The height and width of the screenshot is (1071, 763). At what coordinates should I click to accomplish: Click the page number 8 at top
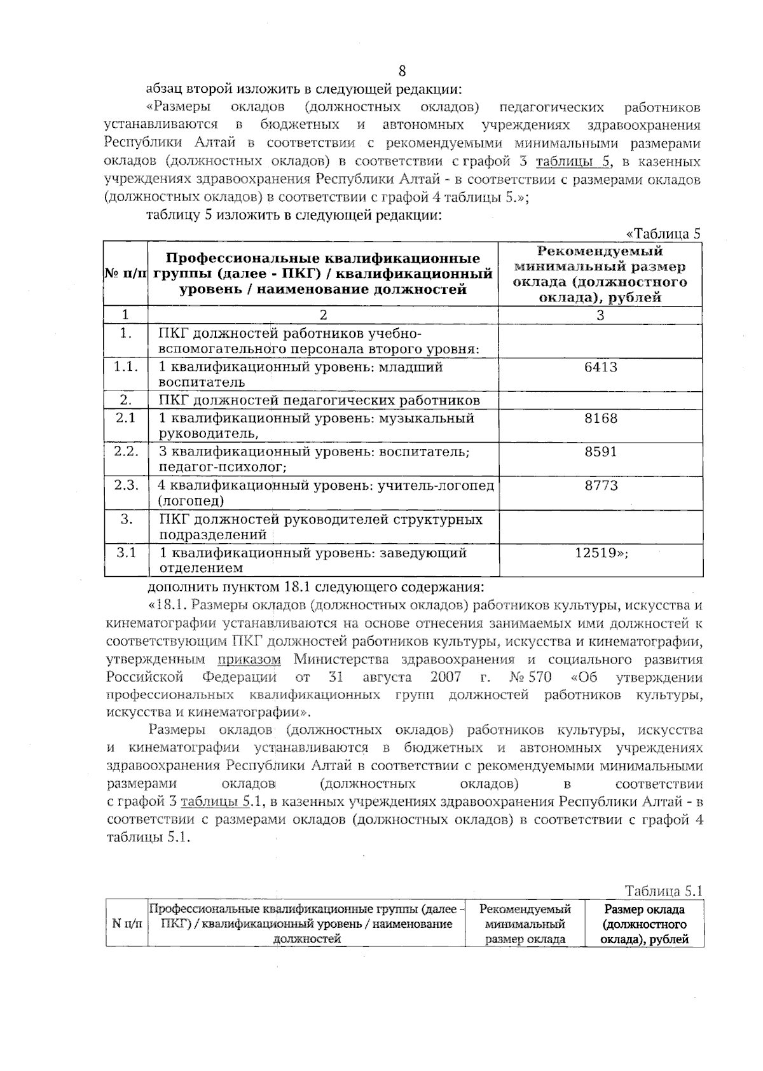(402, 71)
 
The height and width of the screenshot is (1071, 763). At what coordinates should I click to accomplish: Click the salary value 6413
(600, 367)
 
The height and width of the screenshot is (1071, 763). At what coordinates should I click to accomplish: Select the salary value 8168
(600, 418)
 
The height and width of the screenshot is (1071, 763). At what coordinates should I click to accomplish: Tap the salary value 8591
(600, 452)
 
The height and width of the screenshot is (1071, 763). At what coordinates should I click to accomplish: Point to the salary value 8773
(600, 486)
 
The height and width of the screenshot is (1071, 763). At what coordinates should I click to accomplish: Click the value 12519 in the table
(598, 553)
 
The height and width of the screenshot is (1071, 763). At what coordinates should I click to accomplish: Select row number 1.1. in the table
(126, 367)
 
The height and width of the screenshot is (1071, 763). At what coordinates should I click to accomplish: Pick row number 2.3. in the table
(126, 486)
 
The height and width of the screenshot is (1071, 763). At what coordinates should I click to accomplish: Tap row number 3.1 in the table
(126, 553)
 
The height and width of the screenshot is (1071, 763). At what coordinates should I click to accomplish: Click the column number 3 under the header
(600, 315)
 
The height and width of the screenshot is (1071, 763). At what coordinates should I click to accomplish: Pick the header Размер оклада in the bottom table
(644, 909)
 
